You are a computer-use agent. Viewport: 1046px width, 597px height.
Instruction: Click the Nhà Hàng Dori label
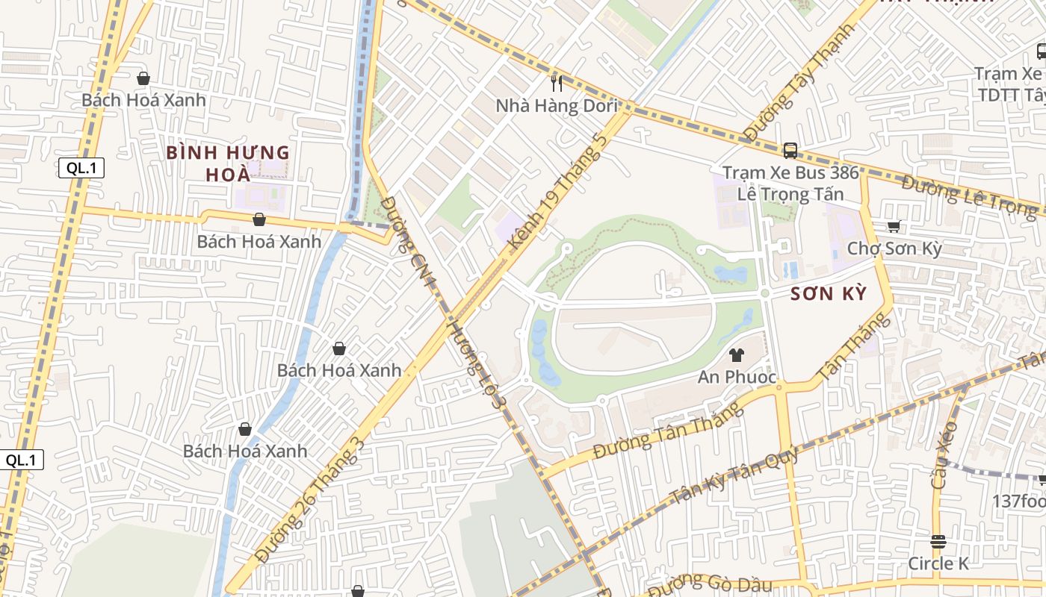[x=557, y=106]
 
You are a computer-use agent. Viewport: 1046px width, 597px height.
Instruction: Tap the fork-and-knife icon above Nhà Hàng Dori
[x=557, y=83]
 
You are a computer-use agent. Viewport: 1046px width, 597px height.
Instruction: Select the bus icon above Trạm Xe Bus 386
[x=790, y=151]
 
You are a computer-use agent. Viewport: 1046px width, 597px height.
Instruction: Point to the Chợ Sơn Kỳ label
[x=894, y=249]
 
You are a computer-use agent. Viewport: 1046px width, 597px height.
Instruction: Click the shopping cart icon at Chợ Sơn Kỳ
[x=894, y=226]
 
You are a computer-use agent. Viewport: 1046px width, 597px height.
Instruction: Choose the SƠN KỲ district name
[x=829, y=294]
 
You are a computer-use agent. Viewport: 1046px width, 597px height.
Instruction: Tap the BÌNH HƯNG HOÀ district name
[x=228, y=163]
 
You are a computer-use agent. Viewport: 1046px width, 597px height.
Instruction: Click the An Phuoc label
[x=737, y=378]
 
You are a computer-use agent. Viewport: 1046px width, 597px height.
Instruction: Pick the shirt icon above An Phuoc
[x=737, y=355]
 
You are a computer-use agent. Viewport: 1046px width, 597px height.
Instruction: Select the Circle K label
[x=938, y=563]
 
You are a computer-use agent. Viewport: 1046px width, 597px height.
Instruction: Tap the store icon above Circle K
[x=938, y=541]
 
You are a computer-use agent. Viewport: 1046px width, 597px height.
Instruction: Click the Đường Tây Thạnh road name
[x=800, y=82]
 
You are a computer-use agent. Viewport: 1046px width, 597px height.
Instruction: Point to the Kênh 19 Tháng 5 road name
[x=556, y=192]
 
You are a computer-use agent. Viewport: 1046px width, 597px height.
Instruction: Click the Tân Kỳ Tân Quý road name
[x=734, y=476]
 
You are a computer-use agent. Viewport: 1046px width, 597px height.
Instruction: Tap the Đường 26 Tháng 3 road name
[x=309, y=501]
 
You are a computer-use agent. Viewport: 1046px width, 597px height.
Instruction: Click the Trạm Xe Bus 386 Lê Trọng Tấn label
[x=790, y=184]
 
